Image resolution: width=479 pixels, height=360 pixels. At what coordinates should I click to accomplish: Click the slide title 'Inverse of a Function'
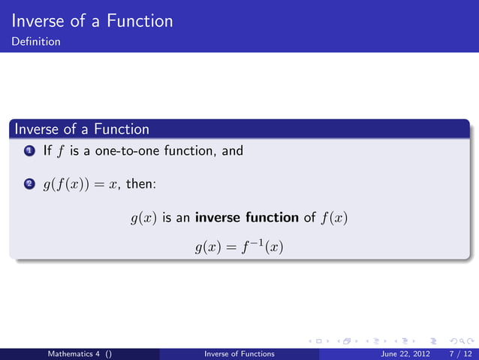tap(92, 20)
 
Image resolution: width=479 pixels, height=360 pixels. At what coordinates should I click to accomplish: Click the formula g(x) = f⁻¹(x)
tap(239, 247)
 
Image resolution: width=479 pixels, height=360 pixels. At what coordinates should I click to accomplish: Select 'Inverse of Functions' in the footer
tap(239, 353)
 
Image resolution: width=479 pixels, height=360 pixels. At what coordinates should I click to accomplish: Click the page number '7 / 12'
tap(459, 353)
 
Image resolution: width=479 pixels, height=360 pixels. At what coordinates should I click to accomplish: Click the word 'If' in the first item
tap(47, 151)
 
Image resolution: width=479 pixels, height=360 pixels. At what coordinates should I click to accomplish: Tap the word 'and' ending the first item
tap(232, 151)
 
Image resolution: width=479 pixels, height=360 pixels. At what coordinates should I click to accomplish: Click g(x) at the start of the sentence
tap(143, 217)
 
